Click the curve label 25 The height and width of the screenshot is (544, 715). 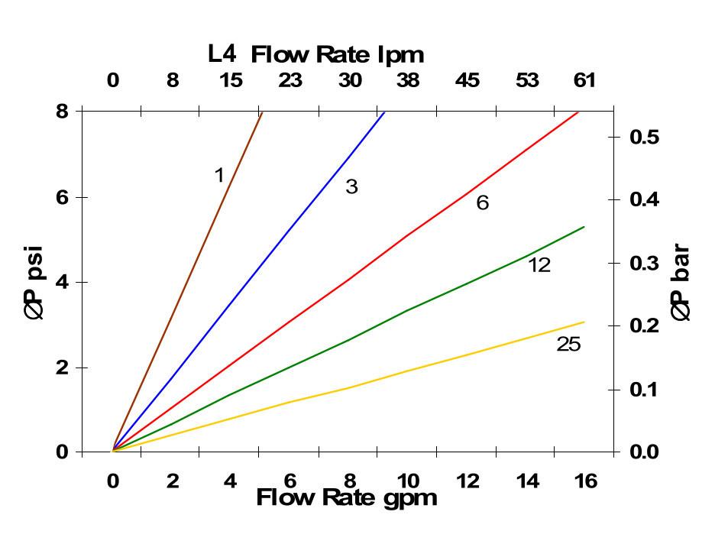(568, 345)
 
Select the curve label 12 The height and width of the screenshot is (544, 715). (539, 265)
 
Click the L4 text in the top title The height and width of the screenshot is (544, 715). (222, 53)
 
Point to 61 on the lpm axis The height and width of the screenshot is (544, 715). (584, 80)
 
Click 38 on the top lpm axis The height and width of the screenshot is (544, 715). (408, 80)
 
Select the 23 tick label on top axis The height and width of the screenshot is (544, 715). (290, 80)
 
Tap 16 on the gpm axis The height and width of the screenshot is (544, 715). (585, 481)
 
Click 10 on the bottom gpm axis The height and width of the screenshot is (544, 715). (408, 481)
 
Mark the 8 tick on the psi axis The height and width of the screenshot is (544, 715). (62, 112)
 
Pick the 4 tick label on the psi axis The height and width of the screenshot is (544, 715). (62, 282)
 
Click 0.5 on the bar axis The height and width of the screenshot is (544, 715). (644, 137)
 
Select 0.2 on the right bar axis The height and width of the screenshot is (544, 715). (644, 325)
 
